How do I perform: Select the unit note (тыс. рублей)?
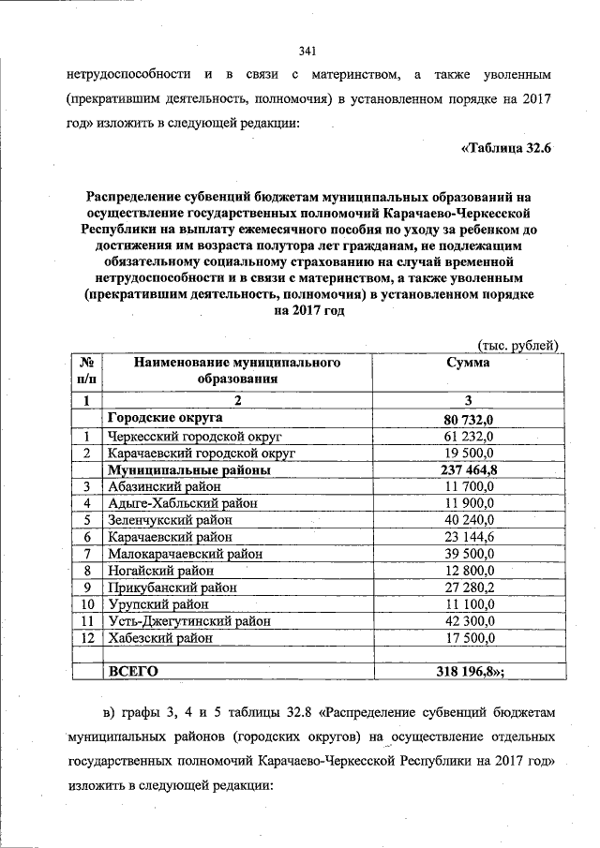pos(518,345)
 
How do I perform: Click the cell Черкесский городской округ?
pos(195,436)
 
